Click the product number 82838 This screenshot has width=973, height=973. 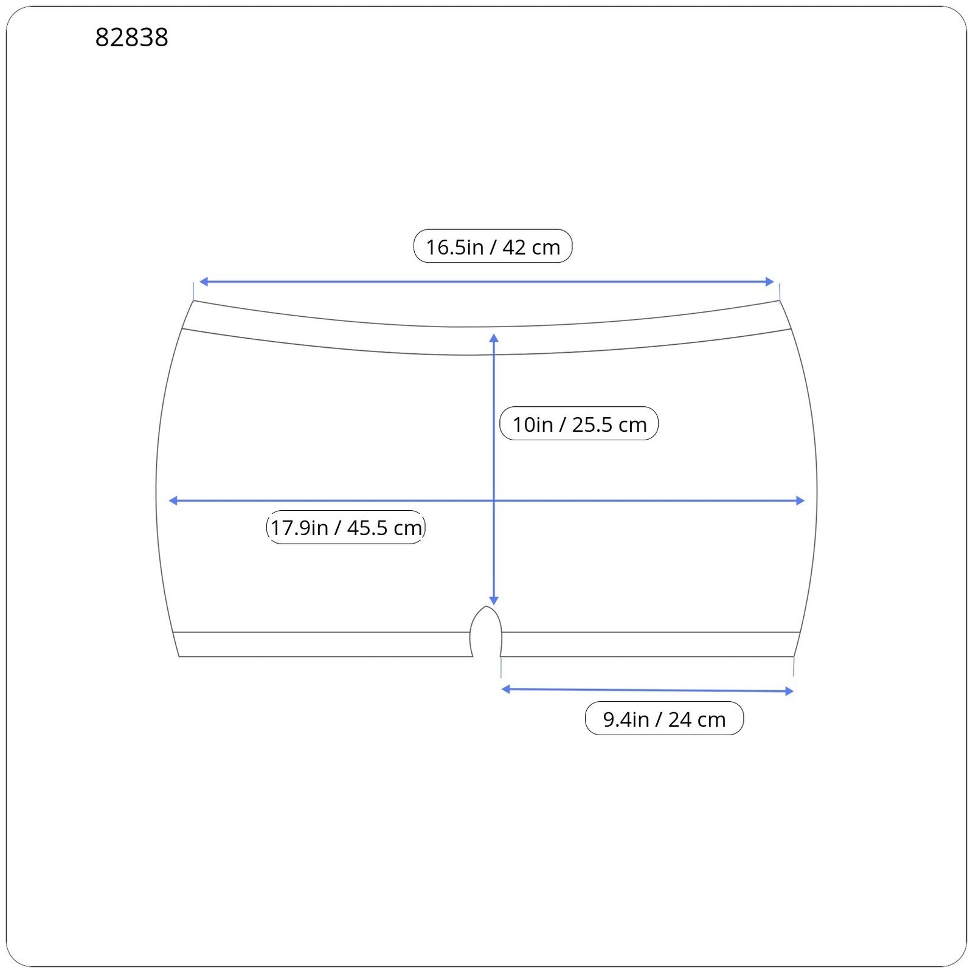(x=131, y=38)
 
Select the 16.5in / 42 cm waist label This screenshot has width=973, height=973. (x=493, y=246)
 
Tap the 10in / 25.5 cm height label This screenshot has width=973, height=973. (x=579, y=423)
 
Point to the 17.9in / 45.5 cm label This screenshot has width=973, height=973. (x=346, y=527)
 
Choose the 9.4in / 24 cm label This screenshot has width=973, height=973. (x=664, y=718)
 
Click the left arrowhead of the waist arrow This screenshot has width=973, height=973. (x=203, y=282)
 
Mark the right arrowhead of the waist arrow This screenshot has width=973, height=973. (x=770, y=282)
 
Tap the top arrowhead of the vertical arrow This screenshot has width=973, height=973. (x=494, y=338)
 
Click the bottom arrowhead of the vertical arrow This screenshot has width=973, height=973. (x=494, y=601)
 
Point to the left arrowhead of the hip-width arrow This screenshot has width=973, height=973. (x=173, y=500)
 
